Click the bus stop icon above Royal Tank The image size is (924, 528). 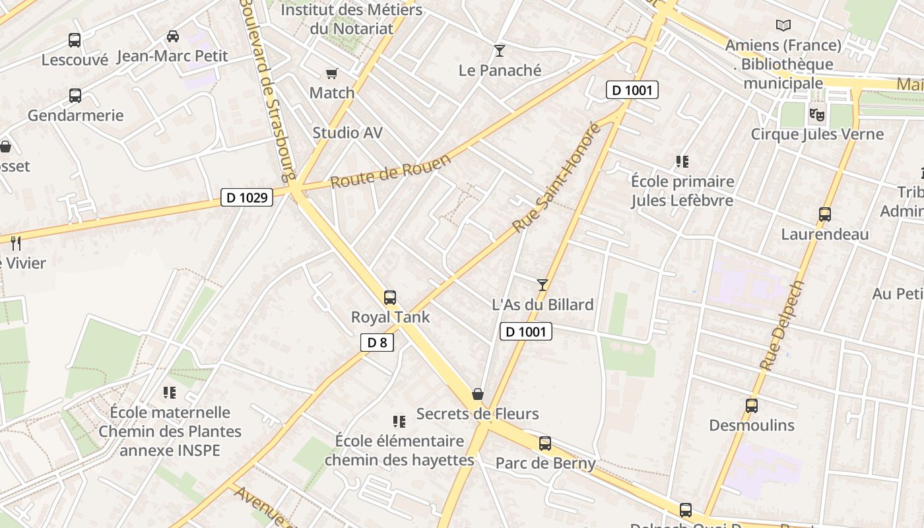[390, 298]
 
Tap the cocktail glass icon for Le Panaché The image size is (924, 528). [500, 51]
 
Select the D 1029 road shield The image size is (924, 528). [246, 197]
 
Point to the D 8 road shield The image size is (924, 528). [377, 342]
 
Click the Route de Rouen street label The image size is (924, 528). [391, 171]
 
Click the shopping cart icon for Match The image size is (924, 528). [332, 74]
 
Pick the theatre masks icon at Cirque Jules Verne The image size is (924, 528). [817, 114]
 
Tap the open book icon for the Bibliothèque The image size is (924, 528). [783, 26]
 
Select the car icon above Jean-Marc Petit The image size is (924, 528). [173, 36]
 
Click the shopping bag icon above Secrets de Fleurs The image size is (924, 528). [478, 394]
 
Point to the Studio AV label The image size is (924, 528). [347, 133]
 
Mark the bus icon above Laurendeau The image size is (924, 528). [825, 214]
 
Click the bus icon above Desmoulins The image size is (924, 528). [752, 406]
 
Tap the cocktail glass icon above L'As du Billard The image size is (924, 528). [543, 284]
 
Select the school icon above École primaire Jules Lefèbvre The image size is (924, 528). [682, 162]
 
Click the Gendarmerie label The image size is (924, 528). [75, 115]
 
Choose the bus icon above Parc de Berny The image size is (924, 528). [545, 444]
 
